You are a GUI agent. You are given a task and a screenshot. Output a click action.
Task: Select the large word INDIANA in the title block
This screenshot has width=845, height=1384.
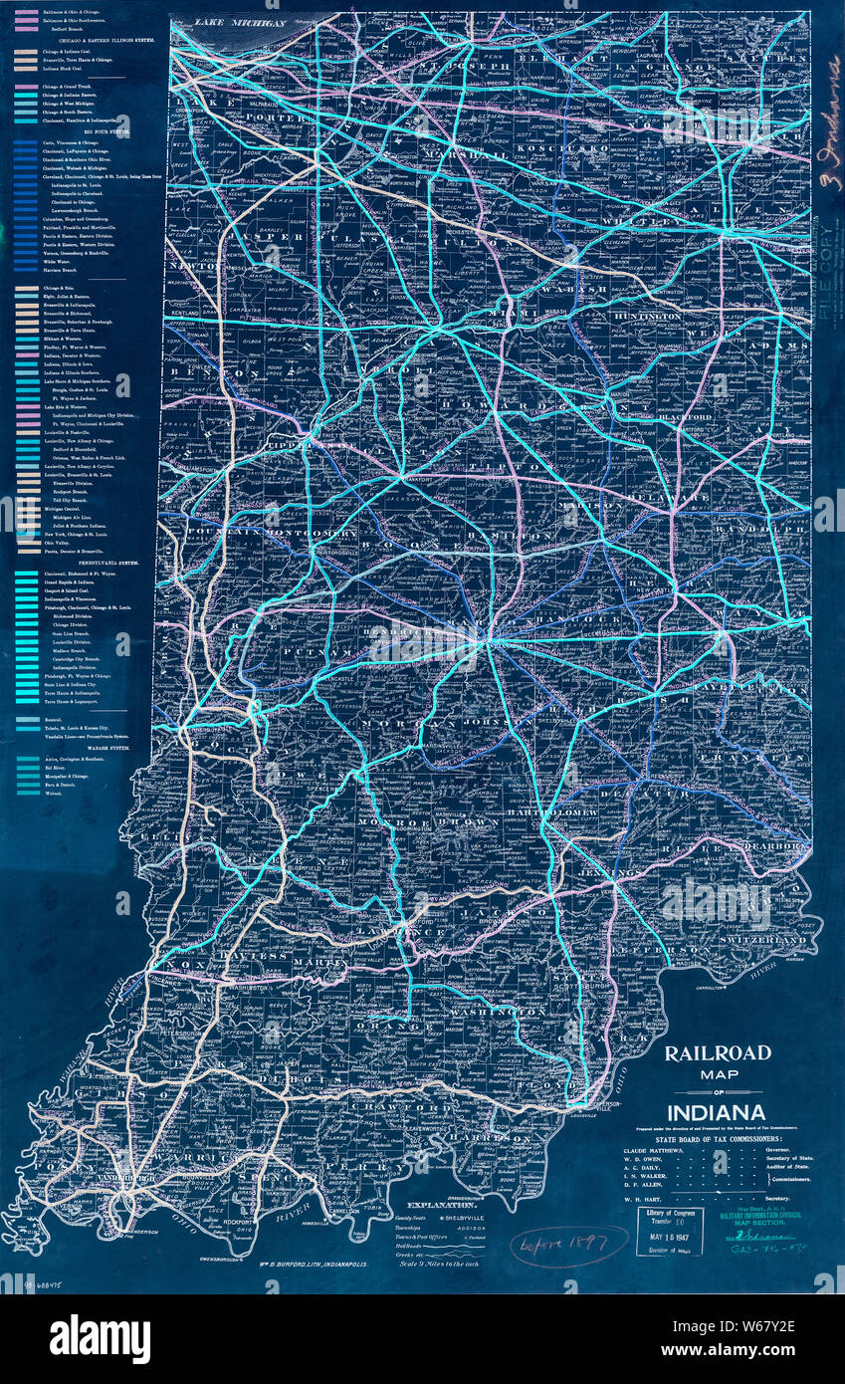pos(716,1111)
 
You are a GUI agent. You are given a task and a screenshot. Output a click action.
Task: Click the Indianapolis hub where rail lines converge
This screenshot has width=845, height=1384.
pos(485,643)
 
